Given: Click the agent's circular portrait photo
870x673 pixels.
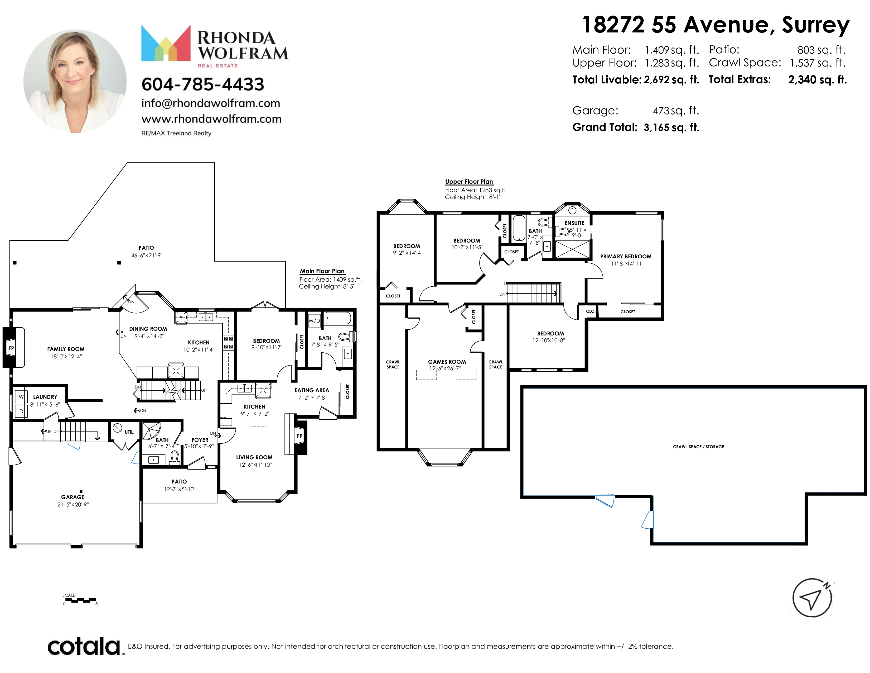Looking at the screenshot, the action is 75,81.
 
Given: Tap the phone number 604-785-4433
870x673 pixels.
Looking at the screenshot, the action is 203,84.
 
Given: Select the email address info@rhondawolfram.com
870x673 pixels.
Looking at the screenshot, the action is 211,103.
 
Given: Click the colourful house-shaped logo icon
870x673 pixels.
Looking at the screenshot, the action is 166,43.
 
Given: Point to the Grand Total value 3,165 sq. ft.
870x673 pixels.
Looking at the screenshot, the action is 671,127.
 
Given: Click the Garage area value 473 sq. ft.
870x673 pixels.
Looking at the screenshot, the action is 676,110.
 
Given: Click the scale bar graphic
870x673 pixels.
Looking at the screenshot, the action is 79,600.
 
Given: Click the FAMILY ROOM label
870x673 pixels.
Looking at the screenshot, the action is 66,349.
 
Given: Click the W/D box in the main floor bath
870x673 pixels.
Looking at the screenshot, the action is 314,321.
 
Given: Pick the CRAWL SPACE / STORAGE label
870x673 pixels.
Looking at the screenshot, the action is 698,447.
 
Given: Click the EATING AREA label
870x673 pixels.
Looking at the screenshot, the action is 312,391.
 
